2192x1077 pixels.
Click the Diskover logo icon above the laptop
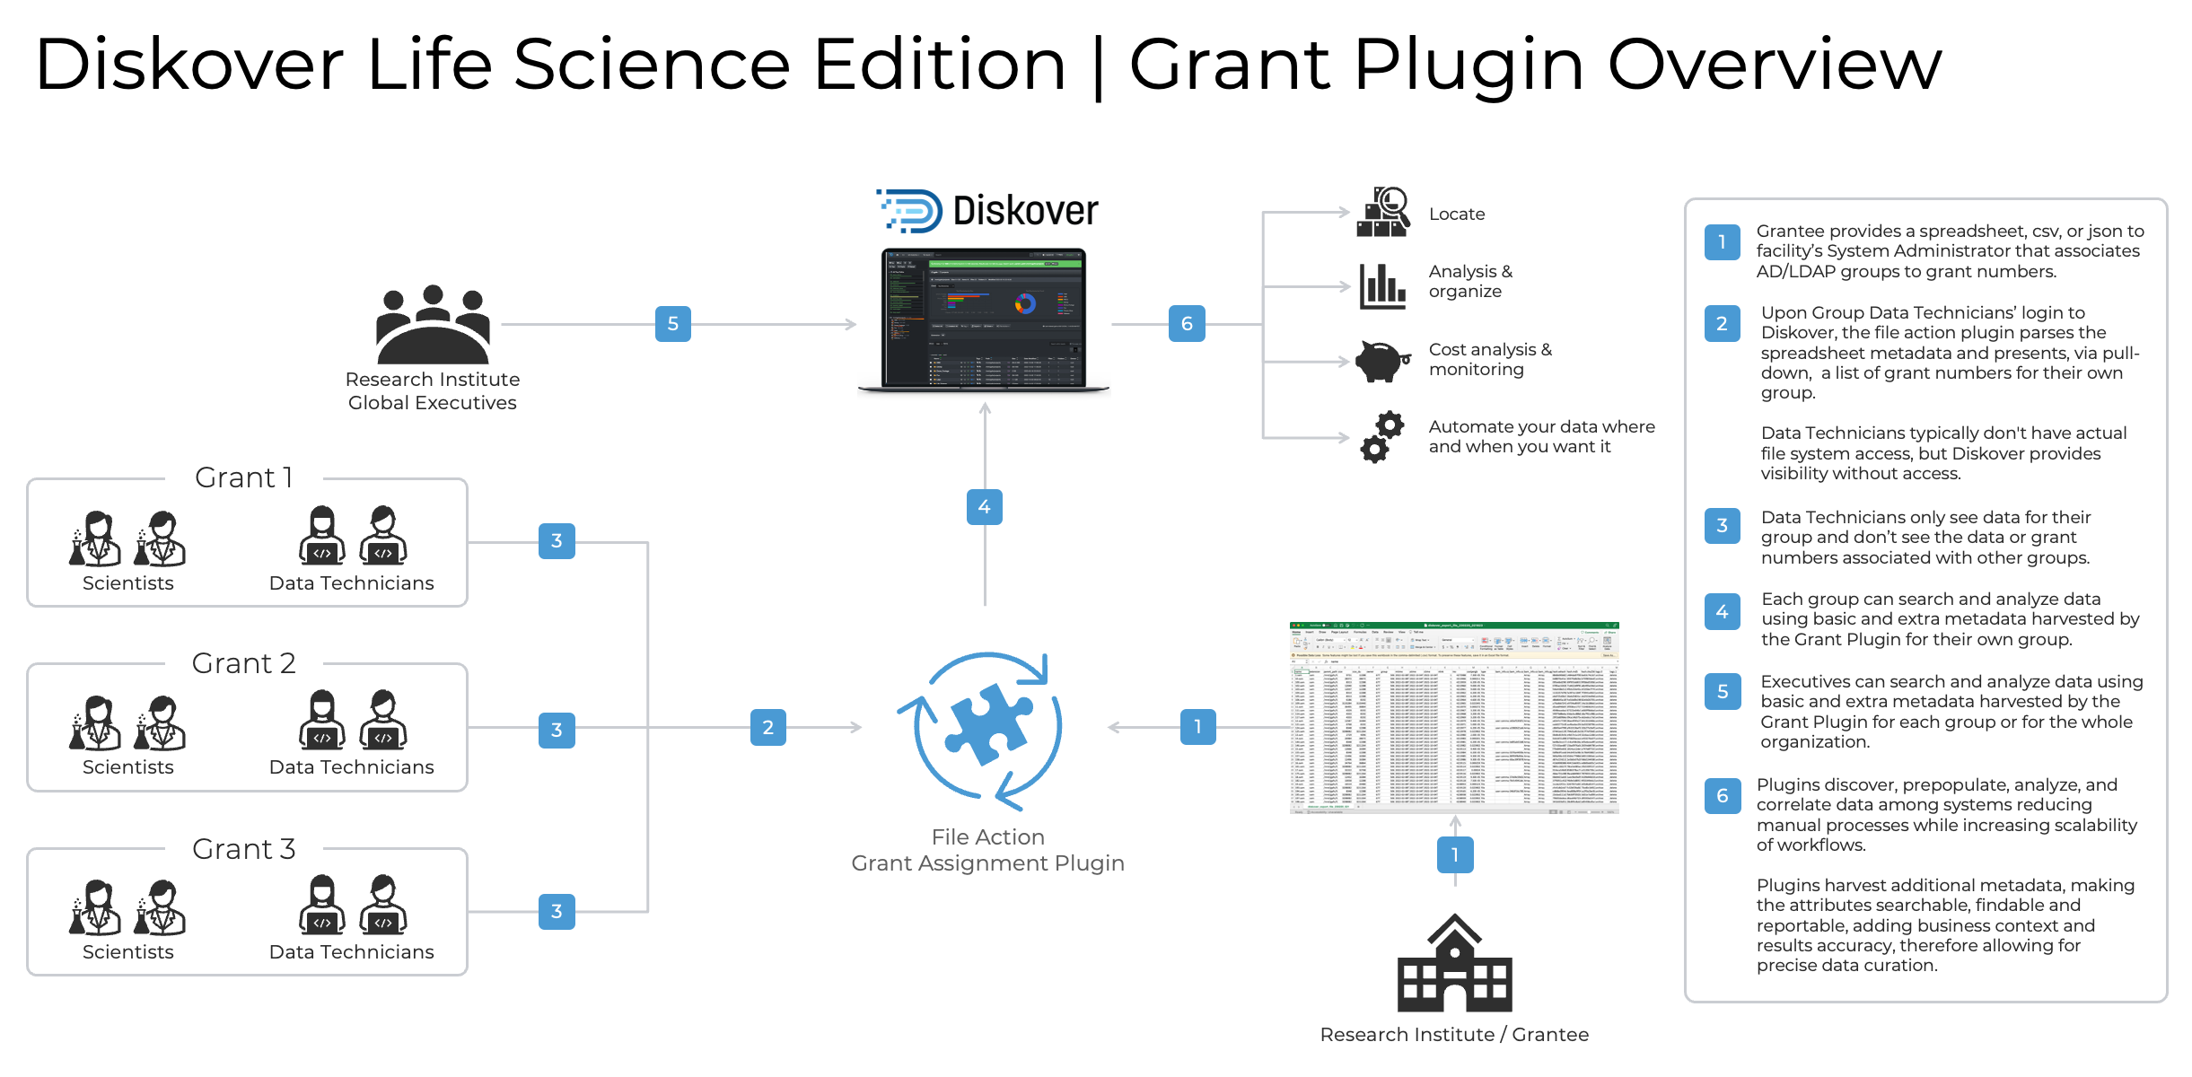click(x=910, y=211)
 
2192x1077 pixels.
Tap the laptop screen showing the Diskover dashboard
click(x=984, y=319)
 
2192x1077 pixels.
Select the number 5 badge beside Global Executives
click(x=672, y=324)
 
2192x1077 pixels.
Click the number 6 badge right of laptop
click(x=1187, y=324)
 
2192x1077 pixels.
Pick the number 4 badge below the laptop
click(x=984, y=507)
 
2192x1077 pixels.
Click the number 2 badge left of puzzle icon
click(x=767, y=728)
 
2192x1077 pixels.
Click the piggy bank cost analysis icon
click(x=1381, y=361)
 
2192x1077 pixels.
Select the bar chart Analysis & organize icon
click(x=1381, y=286)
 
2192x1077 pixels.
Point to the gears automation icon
click(x=1381, y=437)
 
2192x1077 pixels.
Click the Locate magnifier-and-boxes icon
click(x=1381, y=213)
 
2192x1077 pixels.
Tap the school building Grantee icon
click(x=1454, y=965)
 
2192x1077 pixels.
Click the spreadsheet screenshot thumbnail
click(x=1454, y=718)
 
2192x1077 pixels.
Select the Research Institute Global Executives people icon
click(x=433, y=325)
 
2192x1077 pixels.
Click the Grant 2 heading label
click(x=243, y=663)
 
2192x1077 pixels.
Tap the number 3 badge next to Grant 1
click(x=557, y=541)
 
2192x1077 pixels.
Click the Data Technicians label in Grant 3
click(x=351, y=952)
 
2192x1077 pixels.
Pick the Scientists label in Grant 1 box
click(x=128, y=583)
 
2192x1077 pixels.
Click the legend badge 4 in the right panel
click(x=1722, y=612)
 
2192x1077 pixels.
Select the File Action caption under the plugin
click(x=987, y=837)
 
